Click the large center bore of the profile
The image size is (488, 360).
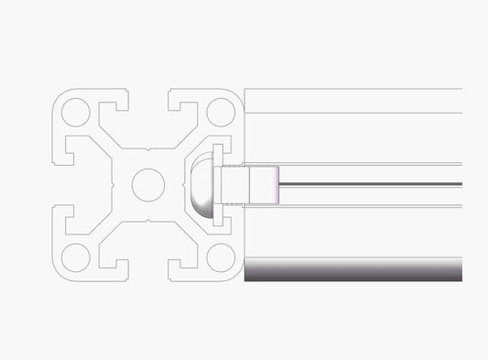(147, 184)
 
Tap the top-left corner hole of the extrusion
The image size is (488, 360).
(75, 112)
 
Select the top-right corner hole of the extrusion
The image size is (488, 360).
(220, 112)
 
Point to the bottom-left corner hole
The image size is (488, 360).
(75, 256)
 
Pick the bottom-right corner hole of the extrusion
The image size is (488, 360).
(220, 256)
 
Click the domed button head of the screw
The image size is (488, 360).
(201, 184)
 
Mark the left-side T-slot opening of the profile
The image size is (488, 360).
(61, 184)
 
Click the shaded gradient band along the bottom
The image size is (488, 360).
(352, 269)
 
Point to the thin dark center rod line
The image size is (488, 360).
(371, 185)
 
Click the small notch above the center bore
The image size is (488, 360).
(147, 147)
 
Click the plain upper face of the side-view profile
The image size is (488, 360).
(352, 101)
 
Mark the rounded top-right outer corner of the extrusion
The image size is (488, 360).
(240, 93)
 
